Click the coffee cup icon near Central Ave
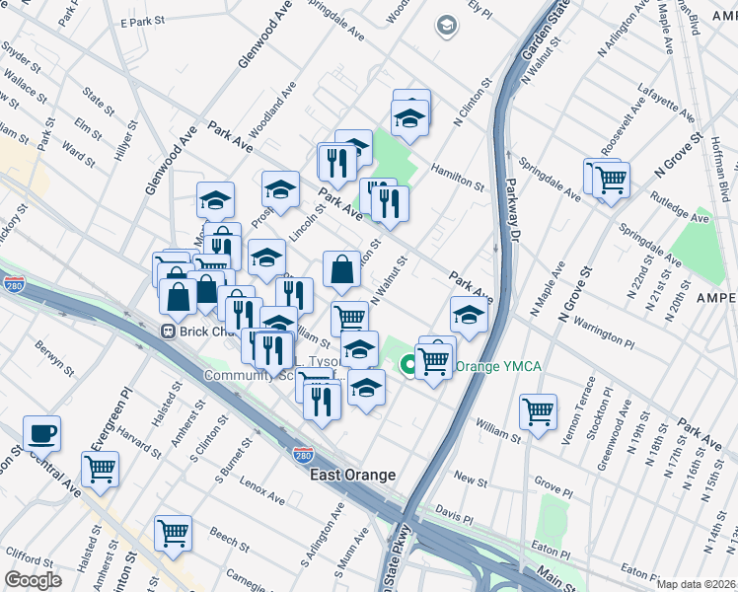click(42, 432)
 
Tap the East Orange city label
click(352, 475)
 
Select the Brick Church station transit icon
click(169, 332)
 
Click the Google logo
click(33, 580)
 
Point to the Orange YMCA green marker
click(406, 367)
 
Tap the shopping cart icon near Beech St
click(173, 533)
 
